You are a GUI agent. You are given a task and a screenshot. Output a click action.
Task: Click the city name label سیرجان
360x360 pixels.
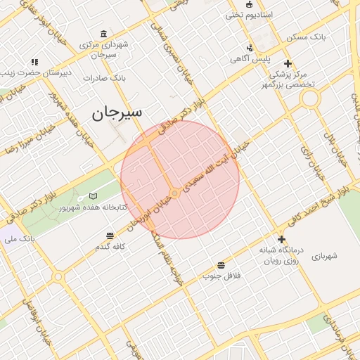tap(117, 112)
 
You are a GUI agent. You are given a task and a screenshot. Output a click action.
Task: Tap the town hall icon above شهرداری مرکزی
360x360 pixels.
tap(104, 34)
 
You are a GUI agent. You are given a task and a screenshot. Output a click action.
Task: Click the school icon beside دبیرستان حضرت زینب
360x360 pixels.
tap(34, 62)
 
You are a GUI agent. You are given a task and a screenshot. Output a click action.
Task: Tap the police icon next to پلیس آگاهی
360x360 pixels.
tap(250, 49)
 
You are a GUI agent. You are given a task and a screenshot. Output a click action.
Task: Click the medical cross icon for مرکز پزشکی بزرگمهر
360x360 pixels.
tap(288, 63)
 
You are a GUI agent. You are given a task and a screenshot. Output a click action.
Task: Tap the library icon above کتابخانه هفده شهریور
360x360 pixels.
tap(94, 196)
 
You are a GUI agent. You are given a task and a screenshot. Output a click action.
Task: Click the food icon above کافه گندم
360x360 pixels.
tap(110, 236)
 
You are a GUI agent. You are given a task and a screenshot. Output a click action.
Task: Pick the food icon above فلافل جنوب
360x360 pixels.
tap(221, 264)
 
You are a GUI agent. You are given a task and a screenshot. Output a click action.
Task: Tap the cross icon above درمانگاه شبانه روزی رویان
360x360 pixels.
tap(281, 239)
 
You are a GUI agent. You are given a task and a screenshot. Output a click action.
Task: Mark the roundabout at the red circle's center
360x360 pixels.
tap(174, 193)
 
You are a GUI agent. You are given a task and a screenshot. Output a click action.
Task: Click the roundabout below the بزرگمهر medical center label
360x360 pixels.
tap(309, 99)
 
